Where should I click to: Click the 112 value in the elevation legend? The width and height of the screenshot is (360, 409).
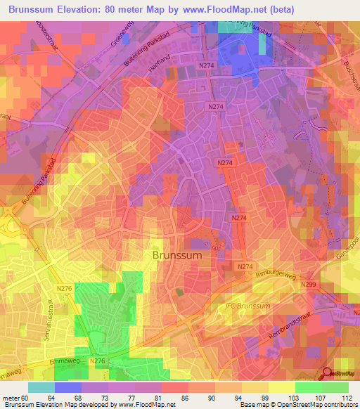click(347, 398)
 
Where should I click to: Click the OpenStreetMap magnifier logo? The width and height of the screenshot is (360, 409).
click(327, 375)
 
